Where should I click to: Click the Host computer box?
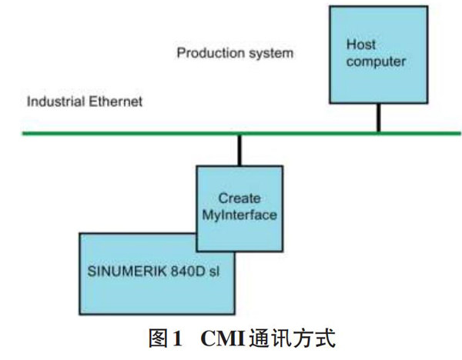[377, 77]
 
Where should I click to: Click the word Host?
[360, 45]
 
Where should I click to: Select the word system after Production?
[272, 54]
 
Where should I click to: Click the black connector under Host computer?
[378, 118]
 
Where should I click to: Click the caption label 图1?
[167, 338]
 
